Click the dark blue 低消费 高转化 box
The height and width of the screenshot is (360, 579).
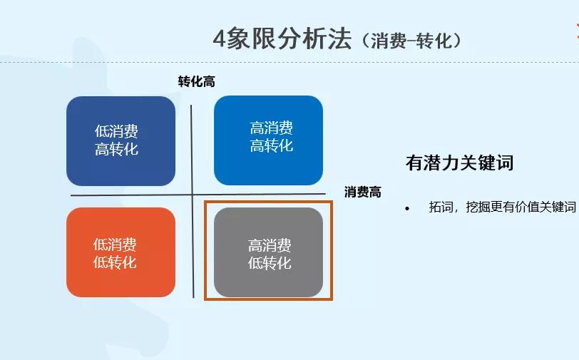click(x=121, y=140)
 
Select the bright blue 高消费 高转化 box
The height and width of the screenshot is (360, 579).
click(x=268, y=140)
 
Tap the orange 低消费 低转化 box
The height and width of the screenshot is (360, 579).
click(x=121, y=252)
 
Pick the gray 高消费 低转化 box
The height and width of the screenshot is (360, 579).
click(x=268, y=252)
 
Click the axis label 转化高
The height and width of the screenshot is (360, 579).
click(x=196, y=81)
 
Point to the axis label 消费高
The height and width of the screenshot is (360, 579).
click(x=362, y=192)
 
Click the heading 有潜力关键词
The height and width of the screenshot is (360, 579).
click(x=459, y=163)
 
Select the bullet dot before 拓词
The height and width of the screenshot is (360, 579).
click(x=407, y=208)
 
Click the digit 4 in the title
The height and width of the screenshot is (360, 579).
click(x=220, y=38)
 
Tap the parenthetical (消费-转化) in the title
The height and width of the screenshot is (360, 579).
click(x=411, y=41)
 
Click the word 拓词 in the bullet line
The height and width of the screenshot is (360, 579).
click(x=439, y=207)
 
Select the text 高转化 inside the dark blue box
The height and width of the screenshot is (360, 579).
click(x=116, y=149)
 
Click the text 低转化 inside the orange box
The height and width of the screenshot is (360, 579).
click(x=115, y=262)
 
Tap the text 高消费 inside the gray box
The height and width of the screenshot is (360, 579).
click(x=270, y=246)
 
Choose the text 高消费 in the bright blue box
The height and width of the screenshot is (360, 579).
click(x=271, y=128)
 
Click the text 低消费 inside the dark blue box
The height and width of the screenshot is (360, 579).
click(x=116, y=132)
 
